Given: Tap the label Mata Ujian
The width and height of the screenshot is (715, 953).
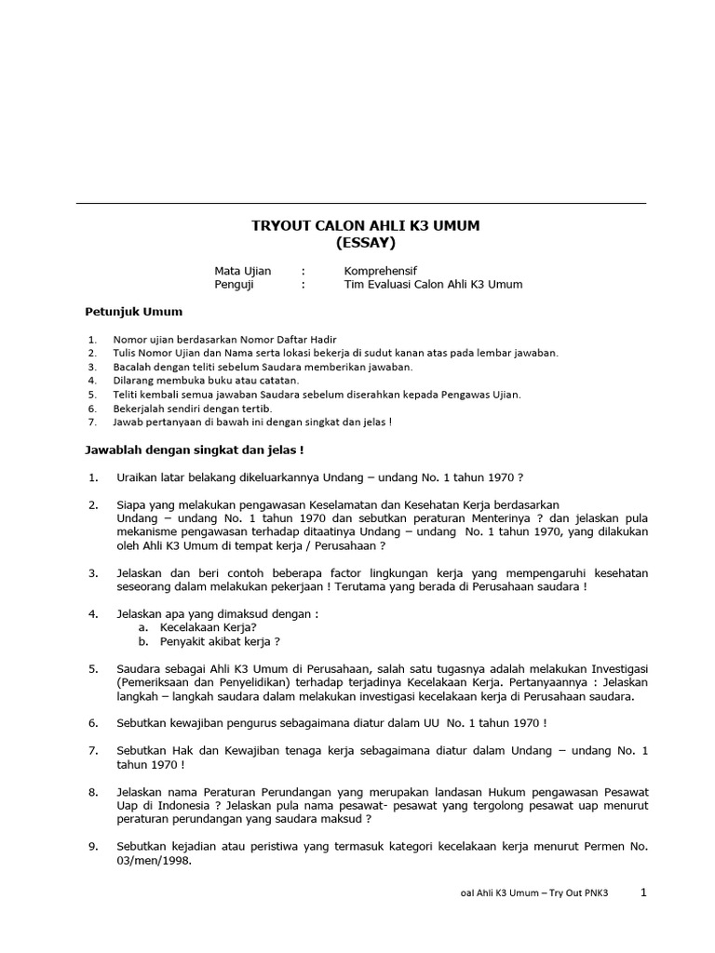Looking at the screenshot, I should point(242,271).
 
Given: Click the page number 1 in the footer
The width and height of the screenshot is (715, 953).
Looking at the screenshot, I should point(643,893).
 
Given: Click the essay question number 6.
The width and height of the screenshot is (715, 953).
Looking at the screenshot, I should point(93,722).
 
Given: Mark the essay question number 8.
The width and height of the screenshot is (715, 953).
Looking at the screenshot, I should point(93,791).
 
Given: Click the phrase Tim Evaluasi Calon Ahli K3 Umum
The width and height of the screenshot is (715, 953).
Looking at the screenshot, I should point(433,285).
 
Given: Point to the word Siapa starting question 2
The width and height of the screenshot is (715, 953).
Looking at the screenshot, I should point(133,505).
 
